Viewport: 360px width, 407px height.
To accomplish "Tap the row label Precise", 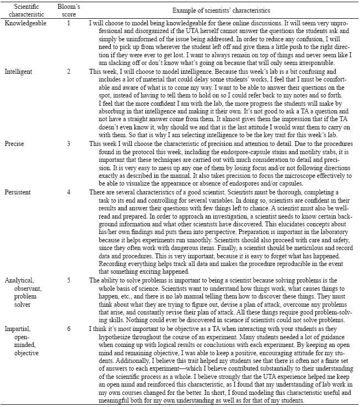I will pos(15,143).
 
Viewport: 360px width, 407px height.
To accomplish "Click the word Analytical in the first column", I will pos(20,280).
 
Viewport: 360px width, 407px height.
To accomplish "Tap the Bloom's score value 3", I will pos(68,143).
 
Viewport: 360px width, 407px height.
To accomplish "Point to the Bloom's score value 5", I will pos(68,280).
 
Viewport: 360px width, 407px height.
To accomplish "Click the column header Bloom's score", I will pos(68,10).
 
